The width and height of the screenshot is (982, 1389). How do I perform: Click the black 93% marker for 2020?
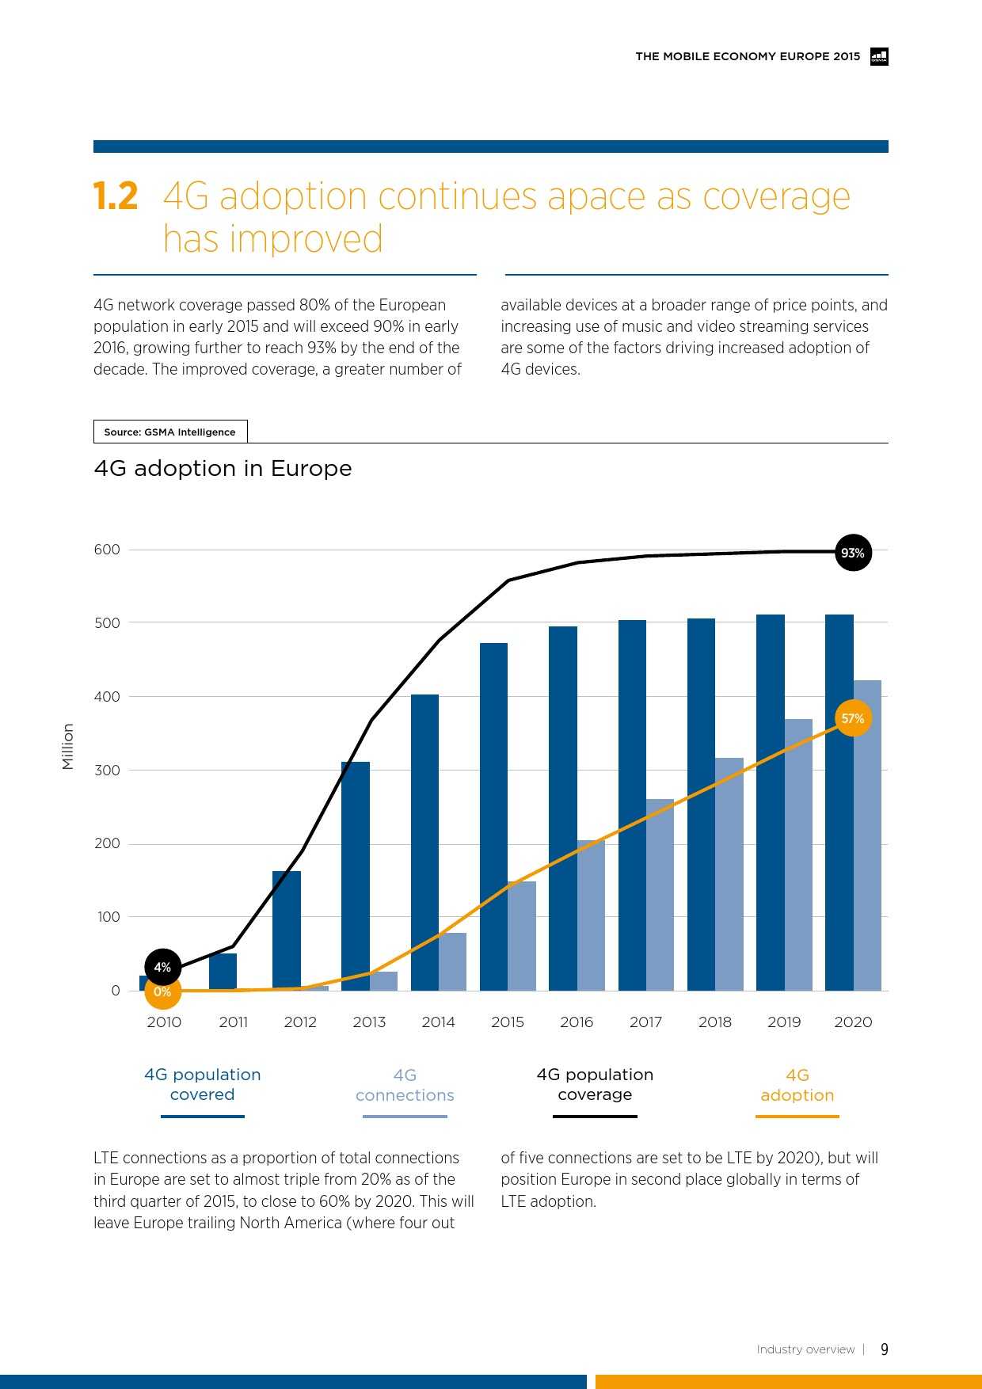(853, 553)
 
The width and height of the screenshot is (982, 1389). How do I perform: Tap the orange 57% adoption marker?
(852, 718)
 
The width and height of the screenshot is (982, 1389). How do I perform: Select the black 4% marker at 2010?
(162, 967)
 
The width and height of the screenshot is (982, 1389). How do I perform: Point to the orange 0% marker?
(162, 991)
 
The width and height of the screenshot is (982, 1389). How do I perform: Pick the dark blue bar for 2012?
(287, 930)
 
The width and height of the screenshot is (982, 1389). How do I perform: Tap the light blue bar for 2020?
(867, 835)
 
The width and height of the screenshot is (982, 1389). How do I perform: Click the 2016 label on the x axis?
(577, 1022)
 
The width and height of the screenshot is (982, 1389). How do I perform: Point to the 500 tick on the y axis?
(107, 622)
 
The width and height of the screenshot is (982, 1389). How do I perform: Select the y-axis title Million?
(68, 746)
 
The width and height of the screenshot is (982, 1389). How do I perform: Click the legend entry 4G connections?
(405, 1085)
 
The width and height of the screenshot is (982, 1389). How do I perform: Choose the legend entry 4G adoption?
(797, 1085)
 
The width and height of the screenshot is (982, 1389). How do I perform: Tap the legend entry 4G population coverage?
(595, 1084)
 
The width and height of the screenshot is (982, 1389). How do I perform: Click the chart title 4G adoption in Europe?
(223, 468)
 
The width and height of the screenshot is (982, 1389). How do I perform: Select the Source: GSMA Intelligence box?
(170, 432)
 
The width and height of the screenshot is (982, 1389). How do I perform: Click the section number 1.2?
(116, 196)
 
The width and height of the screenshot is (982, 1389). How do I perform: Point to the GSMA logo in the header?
(879, 56)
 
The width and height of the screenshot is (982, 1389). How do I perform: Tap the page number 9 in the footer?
(885, 1349)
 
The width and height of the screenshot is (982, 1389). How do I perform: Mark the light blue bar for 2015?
(522, 935)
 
